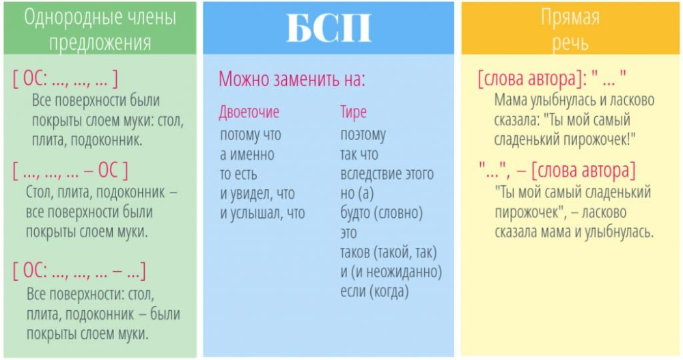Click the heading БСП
329,28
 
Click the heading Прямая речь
570,29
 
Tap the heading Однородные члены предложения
100,29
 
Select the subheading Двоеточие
249,112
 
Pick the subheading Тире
353,112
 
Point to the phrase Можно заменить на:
292,79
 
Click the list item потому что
251,135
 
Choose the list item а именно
247,154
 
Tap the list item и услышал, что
262,213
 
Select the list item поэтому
363,135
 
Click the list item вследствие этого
387,174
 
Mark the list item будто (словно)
382,213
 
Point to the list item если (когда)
374,292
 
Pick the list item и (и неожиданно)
391,272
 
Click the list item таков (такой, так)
389,252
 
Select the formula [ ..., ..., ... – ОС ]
70,170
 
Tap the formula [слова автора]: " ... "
552,79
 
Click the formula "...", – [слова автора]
557,170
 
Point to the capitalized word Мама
510,100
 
